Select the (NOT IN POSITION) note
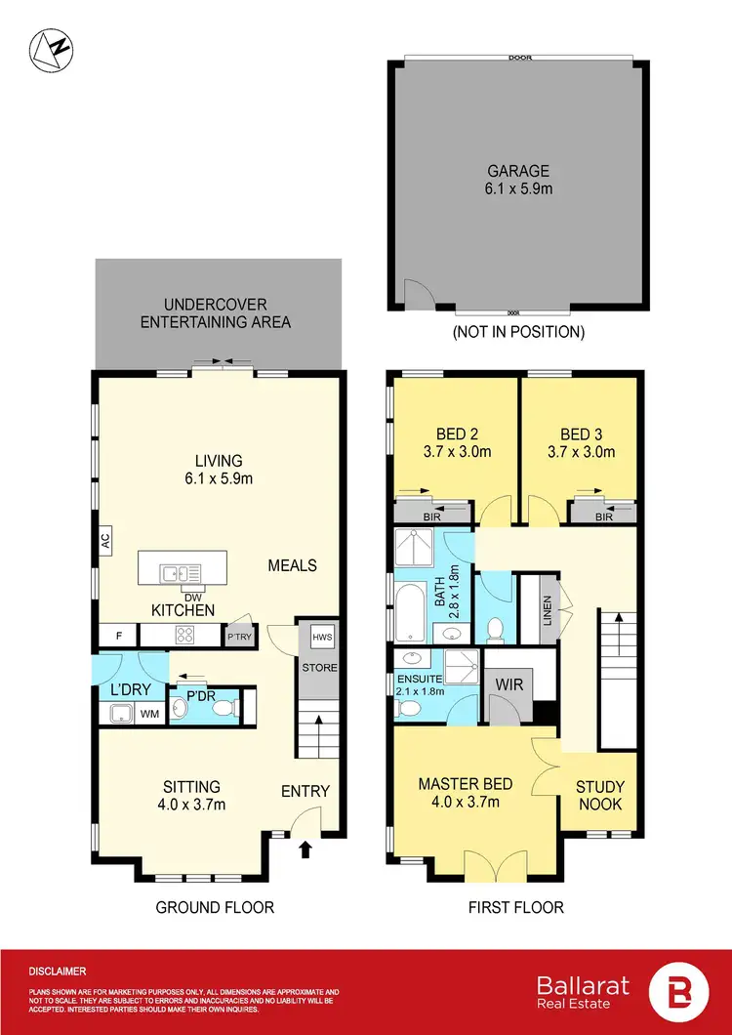[518, 332]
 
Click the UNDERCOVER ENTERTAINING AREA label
[216, 313]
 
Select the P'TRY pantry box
[239, 637]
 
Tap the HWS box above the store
[321, 637]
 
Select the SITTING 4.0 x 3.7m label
[192, 795]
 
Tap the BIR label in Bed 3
[603, 517]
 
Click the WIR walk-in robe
[509, 685]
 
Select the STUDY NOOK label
[600, 795]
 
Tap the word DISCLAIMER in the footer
[58, 972]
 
